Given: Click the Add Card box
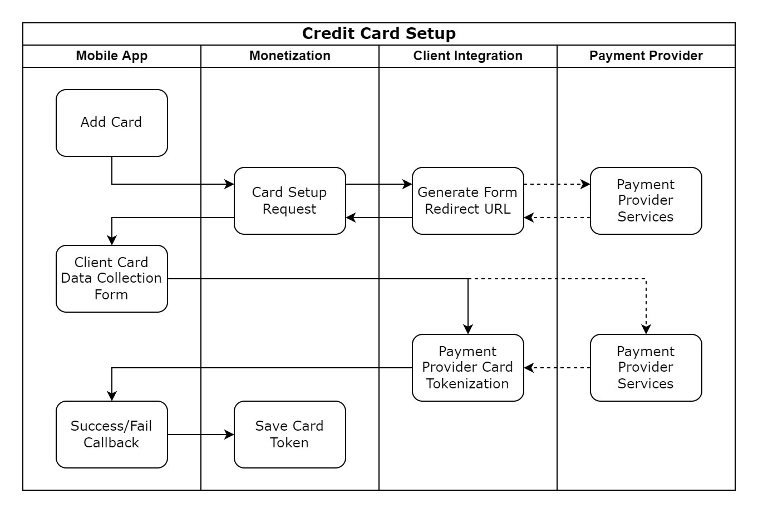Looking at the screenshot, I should pyautogui.click(x=111, y=122).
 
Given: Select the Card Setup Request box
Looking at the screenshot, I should pyautogui.click(x=289, y=200).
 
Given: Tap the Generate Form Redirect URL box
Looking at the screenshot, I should pyautogui.click(x=467, y=200).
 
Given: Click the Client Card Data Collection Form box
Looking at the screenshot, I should pyautogui.click(x=111, y=278).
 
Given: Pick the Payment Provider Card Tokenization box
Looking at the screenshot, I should pyautogui.click(x=467, y=367).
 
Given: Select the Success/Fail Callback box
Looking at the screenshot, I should pyautogui.click(x=111, y=434).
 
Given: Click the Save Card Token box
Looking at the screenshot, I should pyautogui.click(x=289, y=434).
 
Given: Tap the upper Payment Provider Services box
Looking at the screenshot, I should pyautogui.click(x=646, y=200).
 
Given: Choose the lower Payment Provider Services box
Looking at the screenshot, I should pyautogui.click(x=646, y=367).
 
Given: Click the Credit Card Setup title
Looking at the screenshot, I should pyautogui.click(x=378, y=33).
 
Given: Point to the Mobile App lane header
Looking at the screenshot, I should pyautogui.click(x=111, y=56).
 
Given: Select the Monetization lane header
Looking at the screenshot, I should pyautogui.click(x=289, y=56).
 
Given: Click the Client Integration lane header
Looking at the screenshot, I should pyautogui.click(x=467, y=56).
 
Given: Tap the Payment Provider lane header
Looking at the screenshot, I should pyautogui.click(x=646, y=56).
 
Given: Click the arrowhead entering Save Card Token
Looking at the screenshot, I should pyautogui.click(x=229, y=435).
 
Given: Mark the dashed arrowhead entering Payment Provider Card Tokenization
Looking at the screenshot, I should pyautogui.click(x=529, y=368).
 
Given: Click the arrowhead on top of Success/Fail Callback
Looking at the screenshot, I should pyautogui.click(x=112, y=396).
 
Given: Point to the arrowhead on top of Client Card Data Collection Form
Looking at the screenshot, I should pyautogui.click(x=112, y=240).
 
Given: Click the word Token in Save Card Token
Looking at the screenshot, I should pyautogui.click(x=289, y=442).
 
